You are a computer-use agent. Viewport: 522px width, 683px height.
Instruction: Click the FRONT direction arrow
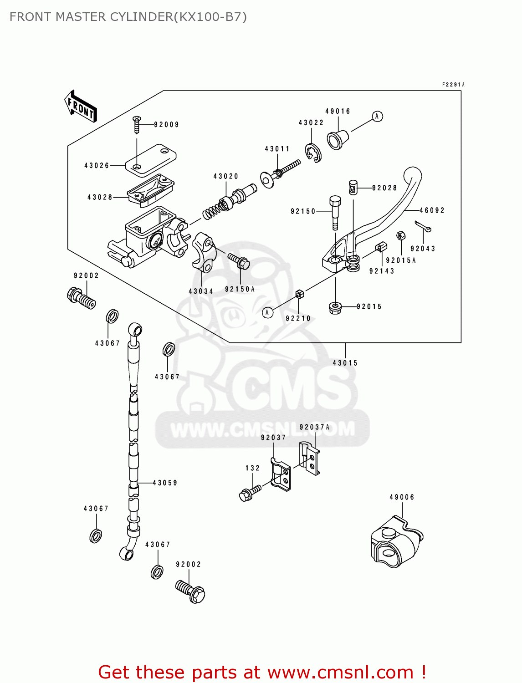tap(81, 107)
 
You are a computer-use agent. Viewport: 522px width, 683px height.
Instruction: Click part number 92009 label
tap(166, 125)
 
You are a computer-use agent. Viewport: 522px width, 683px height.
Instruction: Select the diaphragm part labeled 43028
tap(150, 190)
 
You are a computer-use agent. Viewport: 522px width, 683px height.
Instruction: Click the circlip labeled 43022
tap(313, 154)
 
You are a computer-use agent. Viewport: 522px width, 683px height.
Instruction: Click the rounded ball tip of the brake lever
tap(413, 175)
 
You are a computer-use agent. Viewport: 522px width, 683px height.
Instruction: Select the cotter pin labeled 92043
tap(423, 226)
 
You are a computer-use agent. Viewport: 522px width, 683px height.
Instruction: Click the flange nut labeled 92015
tap(336, 308)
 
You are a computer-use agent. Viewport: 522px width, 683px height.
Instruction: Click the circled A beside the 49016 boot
tap(377, 117)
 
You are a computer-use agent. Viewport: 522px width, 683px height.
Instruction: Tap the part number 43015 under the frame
tap(345, 363)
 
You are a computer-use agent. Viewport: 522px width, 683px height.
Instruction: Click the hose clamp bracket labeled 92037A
tap(310, 458)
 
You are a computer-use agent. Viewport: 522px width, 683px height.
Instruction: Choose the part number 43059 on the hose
tap(165, 483)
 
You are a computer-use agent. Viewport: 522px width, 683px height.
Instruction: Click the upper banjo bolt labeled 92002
tap(81, 298)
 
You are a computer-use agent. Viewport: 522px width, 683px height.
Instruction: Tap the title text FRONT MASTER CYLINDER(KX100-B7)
tap(128, 17)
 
